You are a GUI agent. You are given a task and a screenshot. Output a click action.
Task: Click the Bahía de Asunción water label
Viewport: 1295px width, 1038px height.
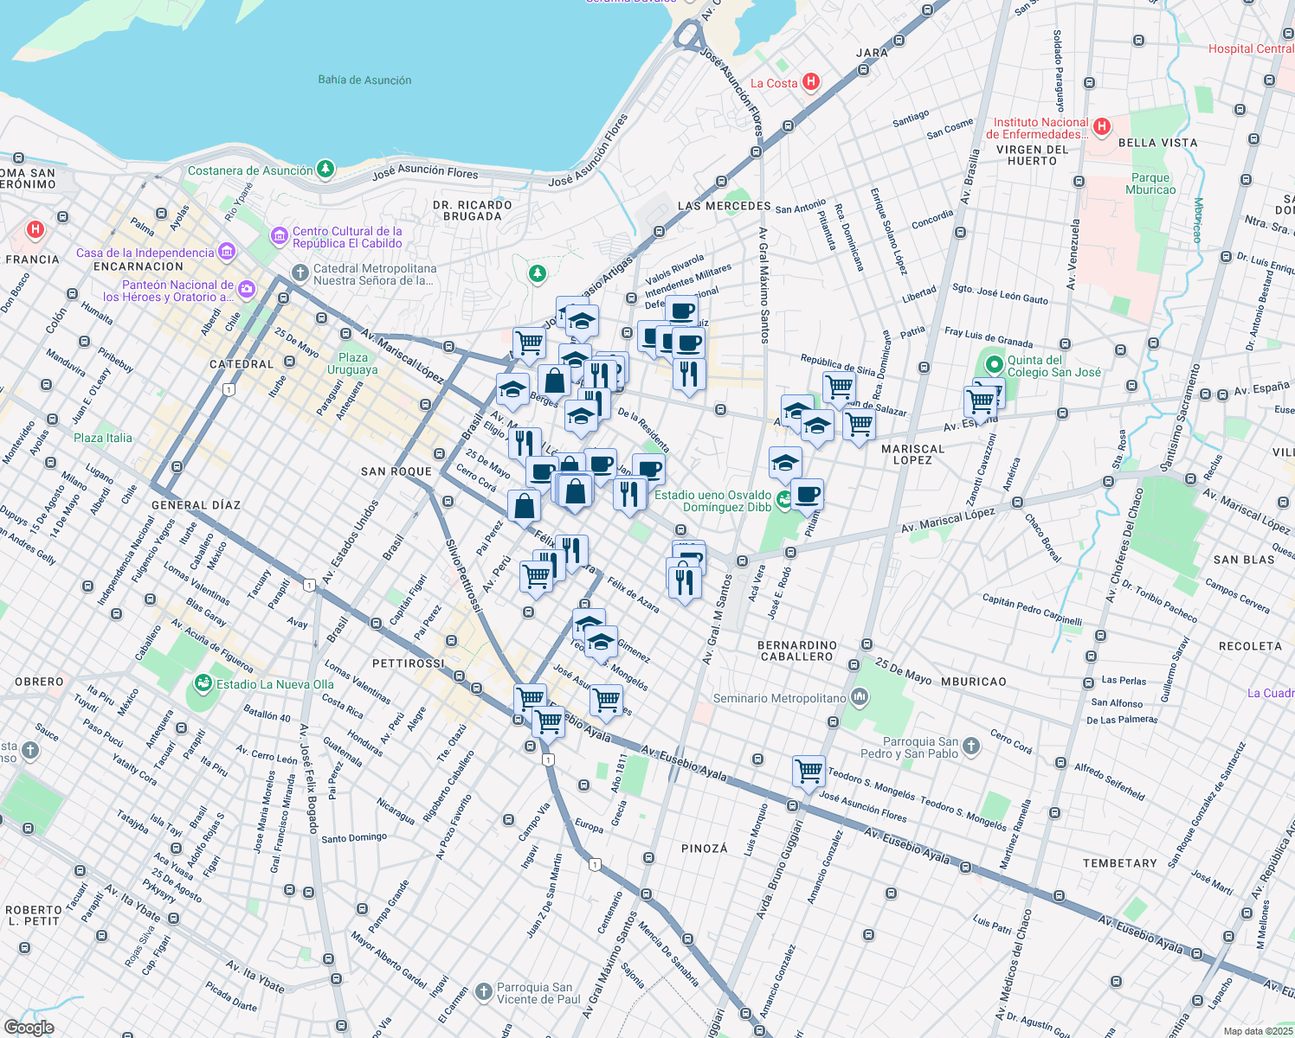(364, 80)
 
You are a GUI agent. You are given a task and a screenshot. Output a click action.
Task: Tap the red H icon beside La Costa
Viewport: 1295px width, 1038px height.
(810, 82)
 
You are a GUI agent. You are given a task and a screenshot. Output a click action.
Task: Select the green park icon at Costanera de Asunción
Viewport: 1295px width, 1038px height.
(325, 170)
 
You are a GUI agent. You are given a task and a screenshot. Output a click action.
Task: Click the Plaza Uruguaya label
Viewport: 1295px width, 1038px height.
(352, 363)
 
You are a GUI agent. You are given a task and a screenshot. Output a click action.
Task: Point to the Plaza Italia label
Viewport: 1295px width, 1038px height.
(103, 438)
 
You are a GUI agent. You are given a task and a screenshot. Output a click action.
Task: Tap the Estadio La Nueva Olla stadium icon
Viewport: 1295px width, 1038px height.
(203, 684)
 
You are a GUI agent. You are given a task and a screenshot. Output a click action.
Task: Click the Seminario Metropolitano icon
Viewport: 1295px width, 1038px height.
(860, 696)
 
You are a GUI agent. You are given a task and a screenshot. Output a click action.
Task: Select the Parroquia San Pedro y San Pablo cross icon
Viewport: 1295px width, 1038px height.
(971, 746)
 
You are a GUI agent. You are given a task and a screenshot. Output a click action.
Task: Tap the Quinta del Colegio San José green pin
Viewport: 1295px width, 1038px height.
(994, 365)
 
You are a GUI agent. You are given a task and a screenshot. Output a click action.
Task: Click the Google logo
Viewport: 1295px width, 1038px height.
(29, 1027)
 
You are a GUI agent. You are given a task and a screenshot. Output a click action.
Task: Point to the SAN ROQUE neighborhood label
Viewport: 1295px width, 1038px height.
(396, 471)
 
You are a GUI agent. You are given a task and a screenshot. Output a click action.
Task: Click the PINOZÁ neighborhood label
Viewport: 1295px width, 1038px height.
(705, 849)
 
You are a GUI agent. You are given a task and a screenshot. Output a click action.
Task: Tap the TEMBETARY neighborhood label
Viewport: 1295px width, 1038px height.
(1119, 863)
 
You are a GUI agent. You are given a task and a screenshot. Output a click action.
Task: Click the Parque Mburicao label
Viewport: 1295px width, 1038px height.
(1150, 183)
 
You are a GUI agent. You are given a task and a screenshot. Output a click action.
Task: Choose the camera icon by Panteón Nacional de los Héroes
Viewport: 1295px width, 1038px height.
(247, 290)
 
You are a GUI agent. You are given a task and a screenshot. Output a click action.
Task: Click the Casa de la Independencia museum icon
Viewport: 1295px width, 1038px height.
(227, 252)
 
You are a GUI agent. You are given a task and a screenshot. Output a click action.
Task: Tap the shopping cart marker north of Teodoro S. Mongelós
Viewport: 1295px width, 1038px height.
(809, 770)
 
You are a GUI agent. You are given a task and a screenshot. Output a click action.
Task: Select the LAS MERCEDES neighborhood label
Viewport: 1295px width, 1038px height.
(724, 206)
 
